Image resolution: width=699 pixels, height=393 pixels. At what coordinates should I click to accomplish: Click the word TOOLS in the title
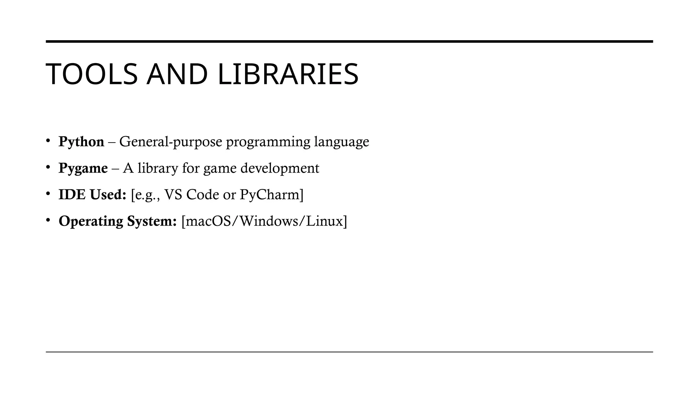91,74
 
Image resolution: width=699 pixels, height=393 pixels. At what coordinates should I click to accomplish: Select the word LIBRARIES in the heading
288,74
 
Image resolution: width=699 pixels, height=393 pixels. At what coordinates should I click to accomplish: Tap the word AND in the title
177,74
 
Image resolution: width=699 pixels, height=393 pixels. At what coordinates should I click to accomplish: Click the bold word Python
81,142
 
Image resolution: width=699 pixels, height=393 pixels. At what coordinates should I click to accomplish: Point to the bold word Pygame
83,168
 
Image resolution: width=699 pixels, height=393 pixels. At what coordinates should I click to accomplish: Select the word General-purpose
171,142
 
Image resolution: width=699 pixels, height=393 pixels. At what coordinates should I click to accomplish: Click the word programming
268,142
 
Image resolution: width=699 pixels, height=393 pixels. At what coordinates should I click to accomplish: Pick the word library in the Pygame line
158,168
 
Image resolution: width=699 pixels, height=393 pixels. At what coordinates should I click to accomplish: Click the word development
280,168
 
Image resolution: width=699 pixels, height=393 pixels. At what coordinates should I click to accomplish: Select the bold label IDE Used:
92,195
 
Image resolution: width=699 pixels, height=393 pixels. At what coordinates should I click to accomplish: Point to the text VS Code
191,195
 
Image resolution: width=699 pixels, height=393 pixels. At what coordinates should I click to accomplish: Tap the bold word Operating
91,221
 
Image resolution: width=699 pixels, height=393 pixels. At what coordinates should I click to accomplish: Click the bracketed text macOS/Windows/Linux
264,221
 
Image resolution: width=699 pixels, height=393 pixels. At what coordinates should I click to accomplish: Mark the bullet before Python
48,141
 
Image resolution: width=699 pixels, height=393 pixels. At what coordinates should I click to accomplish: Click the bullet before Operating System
48,220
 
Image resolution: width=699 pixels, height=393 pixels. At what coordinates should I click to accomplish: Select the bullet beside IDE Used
48,194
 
